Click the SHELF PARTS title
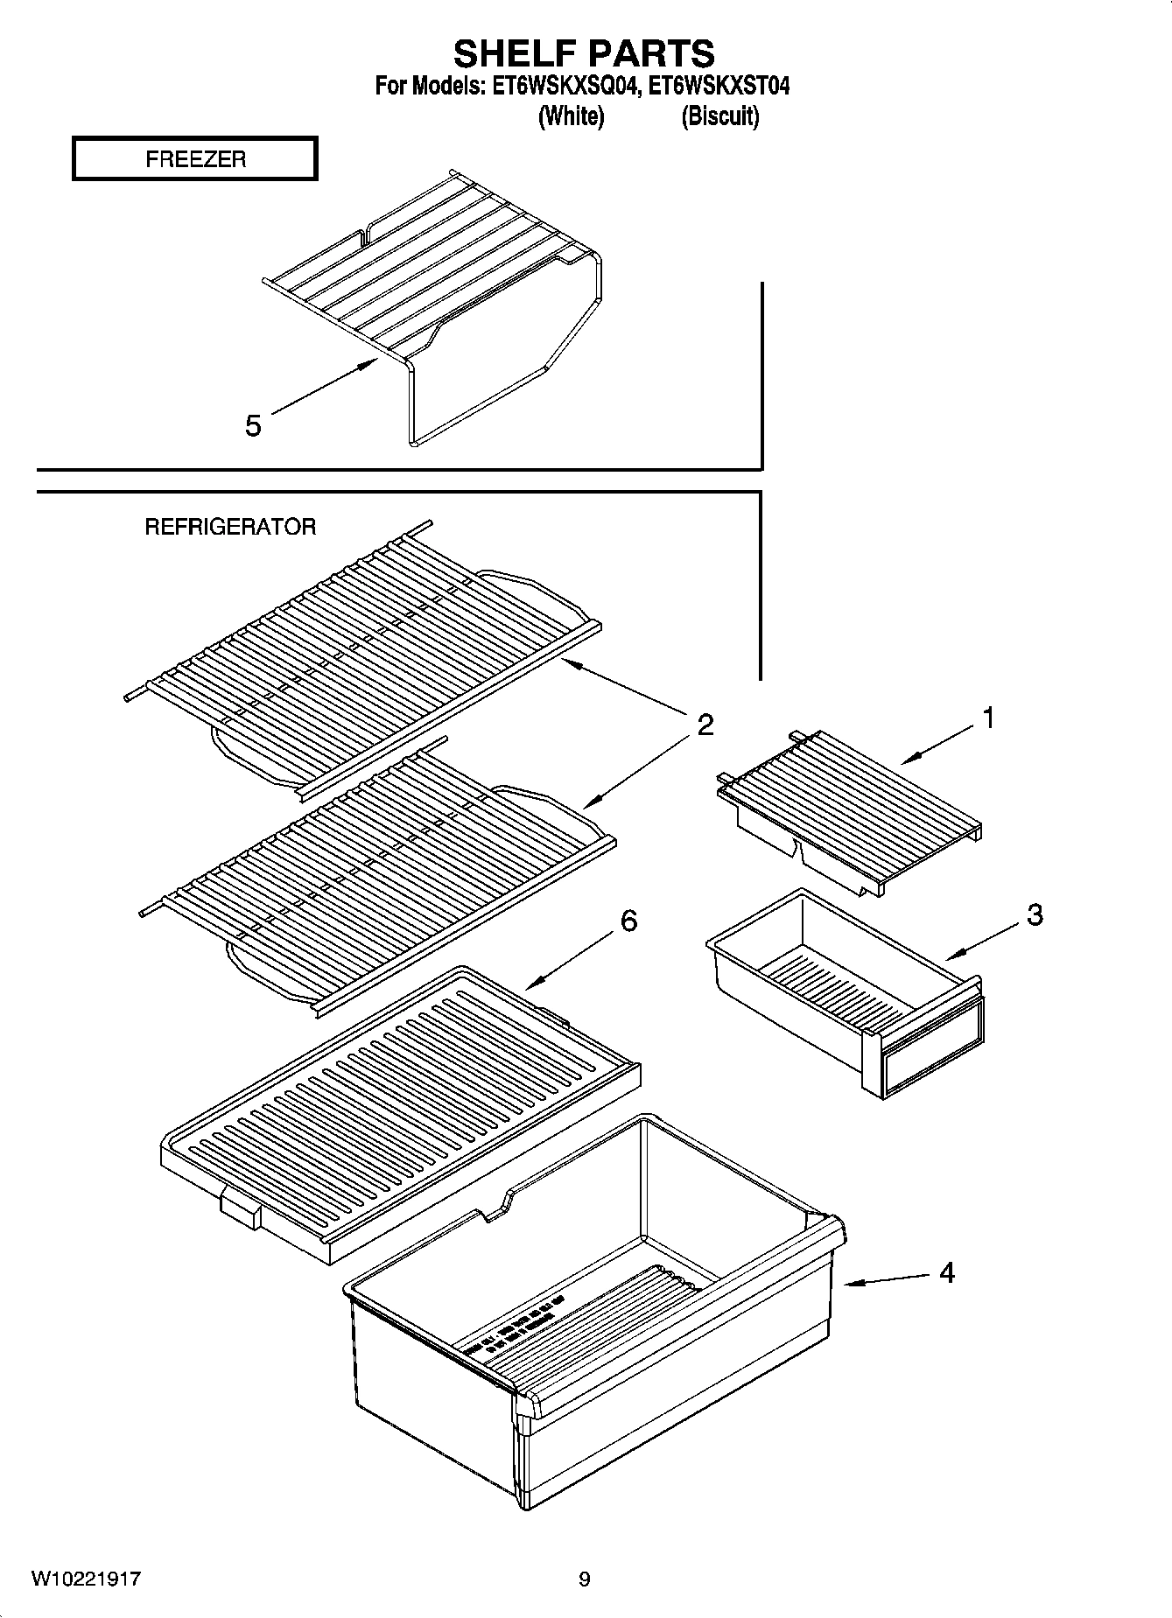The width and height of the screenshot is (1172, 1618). (584, 53)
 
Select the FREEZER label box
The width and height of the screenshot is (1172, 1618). (194, 159)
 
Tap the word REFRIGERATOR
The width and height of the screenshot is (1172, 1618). (230, 527)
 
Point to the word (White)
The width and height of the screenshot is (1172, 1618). (571, 116)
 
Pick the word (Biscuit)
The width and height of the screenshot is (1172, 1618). (719, 116)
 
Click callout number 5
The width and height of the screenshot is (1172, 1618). (253, 426)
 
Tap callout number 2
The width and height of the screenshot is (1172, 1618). (705, 725)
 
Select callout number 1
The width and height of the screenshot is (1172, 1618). (988, 718)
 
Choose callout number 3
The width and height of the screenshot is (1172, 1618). (1035, 915)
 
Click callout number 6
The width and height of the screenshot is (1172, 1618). (628, 921)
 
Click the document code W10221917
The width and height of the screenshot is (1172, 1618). (87, 1579)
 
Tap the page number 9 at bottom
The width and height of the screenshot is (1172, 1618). (585, 1579)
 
